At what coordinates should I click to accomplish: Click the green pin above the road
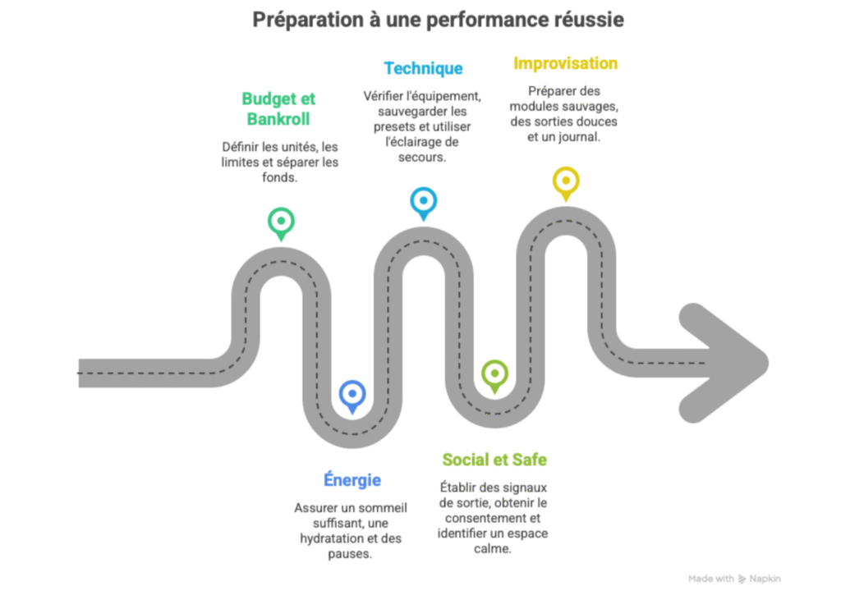281,222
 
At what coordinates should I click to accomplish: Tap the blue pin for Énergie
352,396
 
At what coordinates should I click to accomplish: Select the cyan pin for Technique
423,201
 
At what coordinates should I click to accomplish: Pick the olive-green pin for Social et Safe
494,374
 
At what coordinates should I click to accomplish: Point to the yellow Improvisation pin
565,181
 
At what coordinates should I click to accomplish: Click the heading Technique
423,69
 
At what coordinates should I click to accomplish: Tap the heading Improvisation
565,63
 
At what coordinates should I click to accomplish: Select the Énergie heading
352,480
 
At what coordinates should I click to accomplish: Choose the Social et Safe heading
494,460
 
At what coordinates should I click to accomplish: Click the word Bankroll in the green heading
279,119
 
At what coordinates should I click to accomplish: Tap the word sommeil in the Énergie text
380,508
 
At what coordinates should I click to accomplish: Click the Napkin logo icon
742,579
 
